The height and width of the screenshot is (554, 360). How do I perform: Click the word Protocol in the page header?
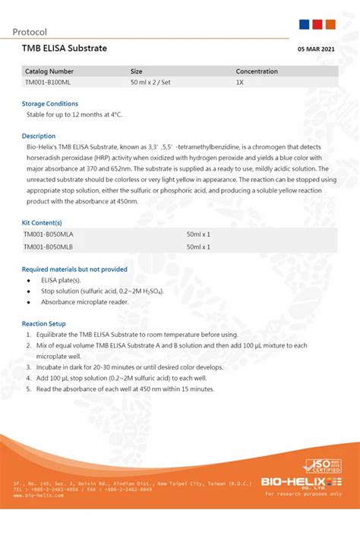pos(30,32)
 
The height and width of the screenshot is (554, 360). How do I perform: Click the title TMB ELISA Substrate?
pos(65,49)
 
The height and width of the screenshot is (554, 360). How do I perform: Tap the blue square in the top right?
pos(305,24)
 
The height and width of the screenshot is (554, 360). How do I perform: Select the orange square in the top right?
pos(330,24)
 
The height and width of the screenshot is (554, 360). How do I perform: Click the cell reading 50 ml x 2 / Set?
pos(151,82)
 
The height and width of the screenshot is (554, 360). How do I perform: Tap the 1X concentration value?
pos(240,82)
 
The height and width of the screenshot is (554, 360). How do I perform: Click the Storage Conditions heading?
pos(49,103)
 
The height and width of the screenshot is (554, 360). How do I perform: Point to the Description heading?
pos(39,137)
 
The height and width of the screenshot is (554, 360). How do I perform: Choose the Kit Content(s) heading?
pos(42,222)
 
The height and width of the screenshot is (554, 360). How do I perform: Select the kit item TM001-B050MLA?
pos(49,235)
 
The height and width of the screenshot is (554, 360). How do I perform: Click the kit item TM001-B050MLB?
pos(49,247)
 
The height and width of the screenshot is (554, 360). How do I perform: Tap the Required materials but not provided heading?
pos(74,269)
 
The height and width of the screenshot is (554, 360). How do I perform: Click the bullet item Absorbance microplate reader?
pos(85,301)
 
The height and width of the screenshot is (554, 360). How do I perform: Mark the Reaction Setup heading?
pos(44,323)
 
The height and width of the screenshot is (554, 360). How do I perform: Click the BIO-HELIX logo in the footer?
pos(301,481)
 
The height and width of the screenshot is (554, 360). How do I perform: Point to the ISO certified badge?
pos(323,464)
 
